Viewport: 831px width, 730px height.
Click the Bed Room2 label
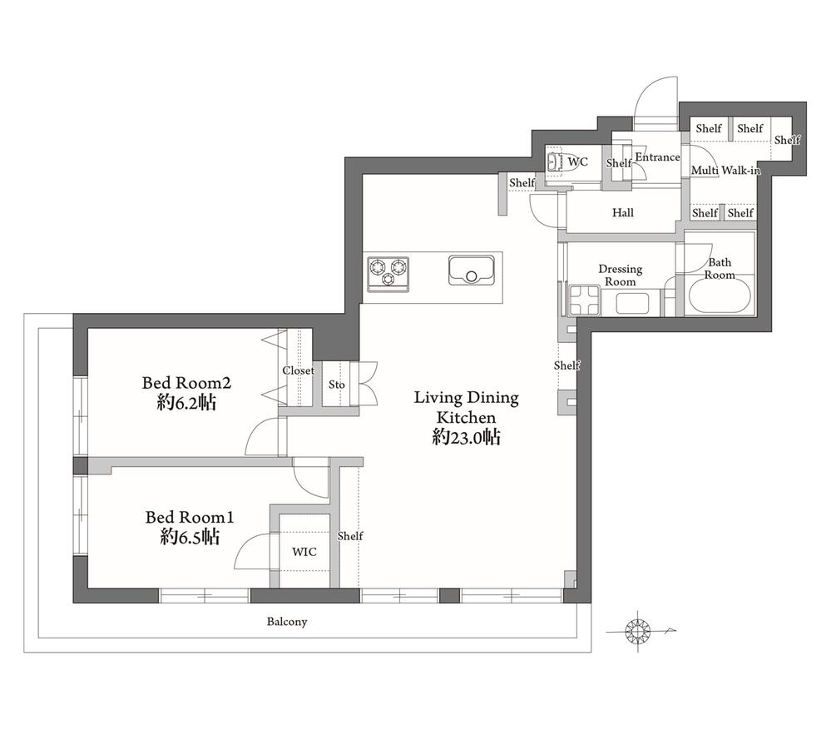186,382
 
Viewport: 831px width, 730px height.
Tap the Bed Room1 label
190,517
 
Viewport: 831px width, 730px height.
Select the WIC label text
304,552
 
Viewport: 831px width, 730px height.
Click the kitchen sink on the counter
472,271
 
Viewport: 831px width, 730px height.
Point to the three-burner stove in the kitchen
388,274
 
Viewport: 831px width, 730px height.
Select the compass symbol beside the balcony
638,631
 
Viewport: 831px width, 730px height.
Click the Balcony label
287,621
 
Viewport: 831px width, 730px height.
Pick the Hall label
623,212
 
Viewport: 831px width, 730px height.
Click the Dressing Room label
620,276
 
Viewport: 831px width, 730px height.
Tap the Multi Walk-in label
725,170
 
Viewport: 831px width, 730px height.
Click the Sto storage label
337,385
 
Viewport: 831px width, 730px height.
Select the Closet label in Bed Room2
298,370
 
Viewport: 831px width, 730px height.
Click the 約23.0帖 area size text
467,437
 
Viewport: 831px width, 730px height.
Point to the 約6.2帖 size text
186,403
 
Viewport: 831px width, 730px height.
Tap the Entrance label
657,157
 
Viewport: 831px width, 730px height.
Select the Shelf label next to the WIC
350,536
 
